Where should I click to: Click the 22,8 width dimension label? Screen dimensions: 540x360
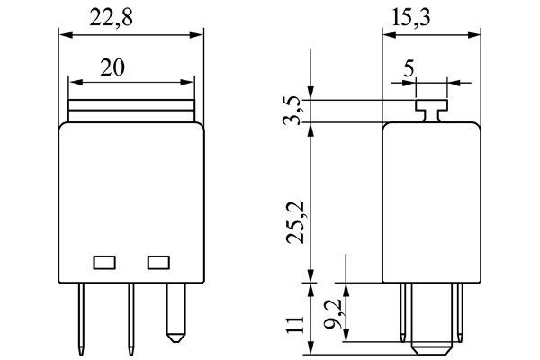[111, 18]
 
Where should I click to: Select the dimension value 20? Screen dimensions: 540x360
[112, 67]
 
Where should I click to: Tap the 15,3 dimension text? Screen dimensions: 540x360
[411, 18]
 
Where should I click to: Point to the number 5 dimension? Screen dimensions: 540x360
[409, 68]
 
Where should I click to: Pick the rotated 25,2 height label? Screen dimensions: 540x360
[295, 222]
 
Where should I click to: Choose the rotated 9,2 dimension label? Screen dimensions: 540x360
[332, 313]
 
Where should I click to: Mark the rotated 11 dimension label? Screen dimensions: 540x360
[295, 324]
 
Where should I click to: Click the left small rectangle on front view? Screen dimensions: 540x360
[104, 263]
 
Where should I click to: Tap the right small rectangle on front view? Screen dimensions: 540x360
[158, 263]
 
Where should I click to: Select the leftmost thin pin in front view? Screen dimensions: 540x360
[81, 319]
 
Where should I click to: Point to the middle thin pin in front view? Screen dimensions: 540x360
[131, 319]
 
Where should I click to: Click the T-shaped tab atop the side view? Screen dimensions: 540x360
[432, 111]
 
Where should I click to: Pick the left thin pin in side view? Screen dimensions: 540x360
[403, 312]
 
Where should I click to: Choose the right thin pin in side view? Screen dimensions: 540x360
[460, 312]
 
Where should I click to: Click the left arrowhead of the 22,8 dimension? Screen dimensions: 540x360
[66, 35]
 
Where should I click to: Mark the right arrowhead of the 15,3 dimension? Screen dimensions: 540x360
[473, 35]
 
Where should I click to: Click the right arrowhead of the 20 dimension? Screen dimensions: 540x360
[187, 82]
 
